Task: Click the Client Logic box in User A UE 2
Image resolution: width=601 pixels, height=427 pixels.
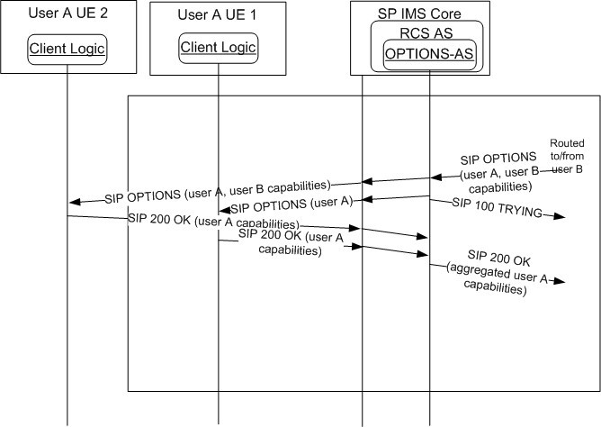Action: (x=67, y=50)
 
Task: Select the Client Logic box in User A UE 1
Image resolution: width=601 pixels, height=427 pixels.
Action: (x=219, y=47)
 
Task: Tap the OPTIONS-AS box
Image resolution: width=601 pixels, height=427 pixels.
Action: (x=429, y=56)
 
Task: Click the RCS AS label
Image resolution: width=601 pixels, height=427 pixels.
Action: (x=428, y=33)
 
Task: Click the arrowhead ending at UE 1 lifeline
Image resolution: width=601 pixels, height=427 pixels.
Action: (x=224, y=210)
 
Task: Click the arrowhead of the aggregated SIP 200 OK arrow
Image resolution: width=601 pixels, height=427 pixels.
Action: (x=561, y=282)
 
